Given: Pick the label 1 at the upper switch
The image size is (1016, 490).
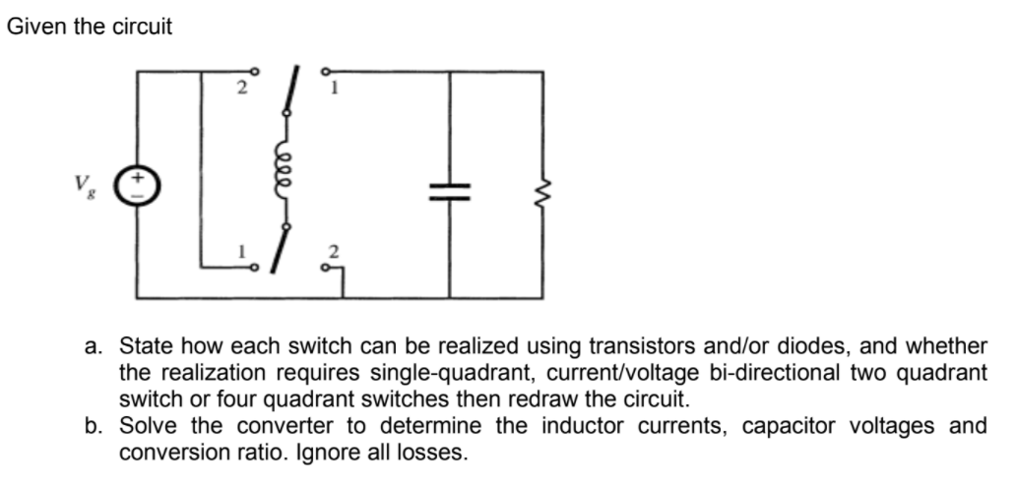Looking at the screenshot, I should [x=335, y=92].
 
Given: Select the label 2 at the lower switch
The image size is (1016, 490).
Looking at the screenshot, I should [x=335, y=255].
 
